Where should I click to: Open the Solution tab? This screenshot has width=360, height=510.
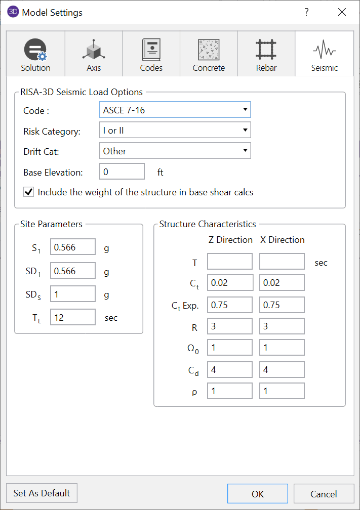(x=35, y=55)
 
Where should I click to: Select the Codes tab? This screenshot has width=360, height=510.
(x=151, y=55)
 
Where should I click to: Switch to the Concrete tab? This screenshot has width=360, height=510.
(x=209, y=55)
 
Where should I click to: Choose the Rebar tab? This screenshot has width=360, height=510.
(x=266, y=55)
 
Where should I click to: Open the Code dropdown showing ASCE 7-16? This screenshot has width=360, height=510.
(x=175, y=110)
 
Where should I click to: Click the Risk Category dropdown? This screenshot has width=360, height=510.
(x=175, y=131)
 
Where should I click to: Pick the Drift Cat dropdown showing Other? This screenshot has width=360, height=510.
(x=175, y=151)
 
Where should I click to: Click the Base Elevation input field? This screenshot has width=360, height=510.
(x=122, y=172)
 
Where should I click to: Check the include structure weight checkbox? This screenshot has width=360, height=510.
(x=29, y=192)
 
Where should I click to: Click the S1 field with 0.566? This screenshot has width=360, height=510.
(x=73, y=247)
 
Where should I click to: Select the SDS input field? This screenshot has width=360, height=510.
(x=73, y=294)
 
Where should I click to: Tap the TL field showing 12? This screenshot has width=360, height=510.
(x=73, y=317)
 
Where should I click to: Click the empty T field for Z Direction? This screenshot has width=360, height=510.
(x=230, y=262)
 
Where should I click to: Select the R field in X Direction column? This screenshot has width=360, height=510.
(x=282, y=327)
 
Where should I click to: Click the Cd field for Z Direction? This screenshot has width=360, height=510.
(x=230, y=370)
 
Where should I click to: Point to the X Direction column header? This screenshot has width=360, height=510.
(x=283, y=240)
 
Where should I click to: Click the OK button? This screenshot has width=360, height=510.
(x=257, y=493)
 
